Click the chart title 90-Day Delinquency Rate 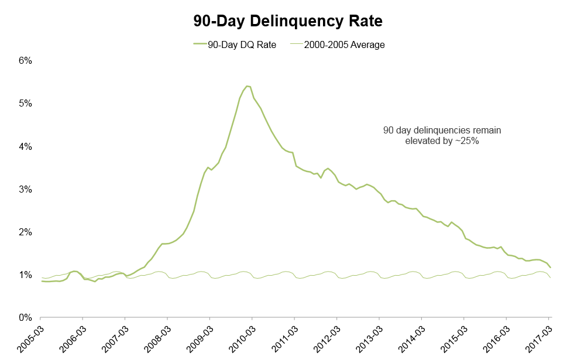click(288, 22)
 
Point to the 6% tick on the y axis click(25, 60)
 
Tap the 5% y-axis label click(25, 103)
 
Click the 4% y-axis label click(25, 146)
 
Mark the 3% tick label click(25, 189)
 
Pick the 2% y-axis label click(25, 232)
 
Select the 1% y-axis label click(25, 275)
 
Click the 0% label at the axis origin click(25, 318)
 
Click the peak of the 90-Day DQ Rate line click(248, 86)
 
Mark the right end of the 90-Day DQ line click(550, 268)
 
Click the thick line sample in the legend click(202, 44)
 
